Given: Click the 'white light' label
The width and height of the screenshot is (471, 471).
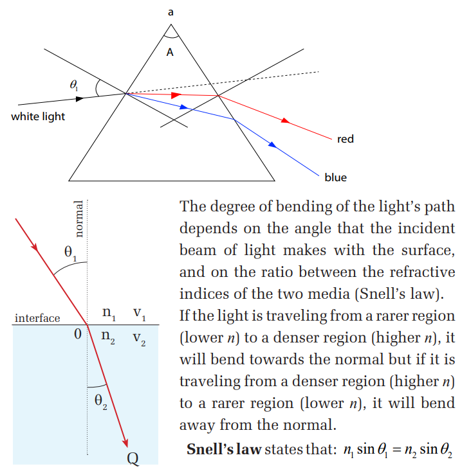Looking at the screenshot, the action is (38, 116).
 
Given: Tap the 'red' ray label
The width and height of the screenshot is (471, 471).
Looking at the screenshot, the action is (346, 139).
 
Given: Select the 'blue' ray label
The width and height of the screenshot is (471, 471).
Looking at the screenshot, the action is (336, 177).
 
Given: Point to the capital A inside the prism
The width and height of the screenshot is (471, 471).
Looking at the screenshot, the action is (170, 52).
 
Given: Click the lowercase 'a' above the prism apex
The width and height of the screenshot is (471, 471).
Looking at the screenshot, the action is (171, 12).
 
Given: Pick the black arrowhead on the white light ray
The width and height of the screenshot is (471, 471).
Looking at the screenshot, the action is (80, 98).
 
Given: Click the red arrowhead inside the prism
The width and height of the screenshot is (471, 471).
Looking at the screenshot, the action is (176, 95).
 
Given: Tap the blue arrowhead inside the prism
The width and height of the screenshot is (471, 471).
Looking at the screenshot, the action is (184, 107).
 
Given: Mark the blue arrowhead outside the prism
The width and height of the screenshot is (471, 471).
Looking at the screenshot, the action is (272, 145).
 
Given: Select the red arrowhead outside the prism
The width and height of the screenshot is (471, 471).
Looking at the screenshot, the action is (286, 121).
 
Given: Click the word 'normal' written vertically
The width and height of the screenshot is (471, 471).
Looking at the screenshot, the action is (78, 219).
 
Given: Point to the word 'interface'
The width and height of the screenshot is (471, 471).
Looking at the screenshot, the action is (37, 318).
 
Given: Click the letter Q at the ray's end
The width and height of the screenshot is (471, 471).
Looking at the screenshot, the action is (133, 458).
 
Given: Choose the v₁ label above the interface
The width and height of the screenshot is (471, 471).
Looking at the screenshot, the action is (139, 314).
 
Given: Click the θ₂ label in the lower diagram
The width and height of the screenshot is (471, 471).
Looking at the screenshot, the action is (101, 402).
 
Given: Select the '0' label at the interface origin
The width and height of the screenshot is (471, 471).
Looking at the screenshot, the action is (78, 334).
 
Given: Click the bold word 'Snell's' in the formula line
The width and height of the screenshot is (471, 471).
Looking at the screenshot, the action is (210, 449).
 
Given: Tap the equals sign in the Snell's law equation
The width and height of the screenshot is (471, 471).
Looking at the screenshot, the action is (397, 450).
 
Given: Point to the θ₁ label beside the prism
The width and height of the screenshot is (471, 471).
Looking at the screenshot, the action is (74, 85).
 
